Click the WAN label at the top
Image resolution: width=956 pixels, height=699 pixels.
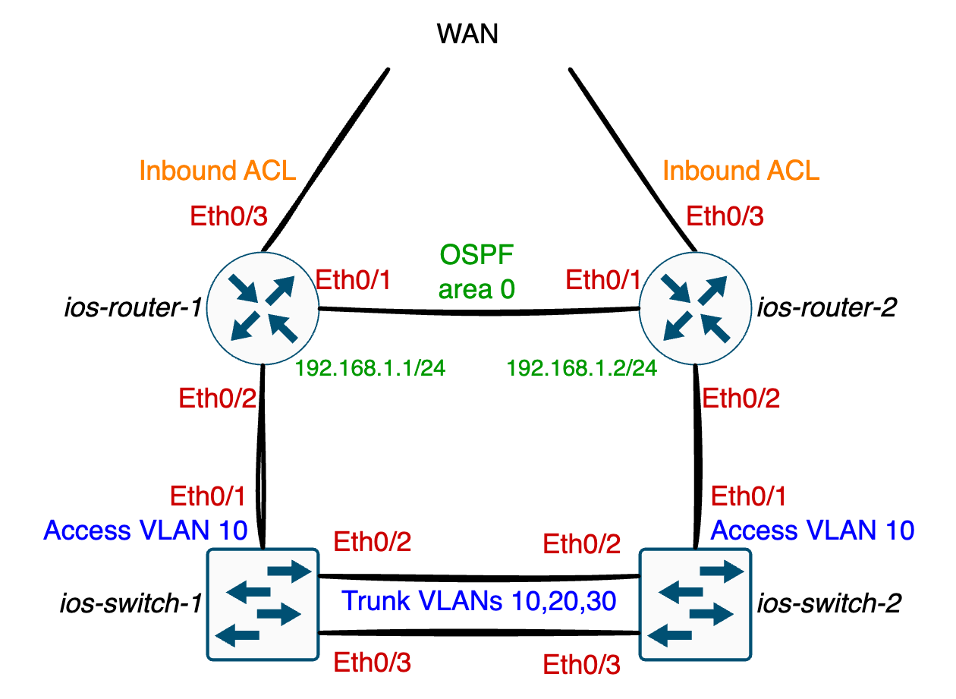467,34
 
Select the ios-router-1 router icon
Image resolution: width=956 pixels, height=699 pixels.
263,307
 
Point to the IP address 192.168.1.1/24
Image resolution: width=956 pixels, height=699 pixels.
370,369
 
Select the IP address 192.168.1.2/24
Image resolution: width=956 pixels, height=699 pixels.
581,369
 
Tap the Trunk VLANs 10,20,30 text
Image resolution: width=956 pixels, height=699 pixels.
478,601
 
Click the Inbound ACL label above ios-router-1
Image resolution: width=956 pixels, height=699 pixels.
217,171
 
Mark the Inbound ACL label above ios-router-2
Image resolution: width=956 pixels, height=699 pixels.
741,171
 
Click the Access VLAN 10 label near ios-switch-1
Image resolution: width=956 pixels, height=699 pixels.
146,530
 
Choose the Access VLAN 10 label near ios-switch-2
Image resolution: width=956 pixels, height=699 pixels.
812,530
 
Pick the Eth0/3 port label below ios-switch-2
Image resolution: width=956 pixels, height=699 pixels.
582,666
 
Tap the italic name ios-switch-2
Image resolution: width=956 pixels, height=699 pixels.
829,603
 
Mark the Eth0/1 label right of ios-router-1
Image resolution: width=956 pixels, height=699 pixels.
353,280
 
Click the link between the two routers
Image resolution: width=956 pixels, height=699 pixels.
478,310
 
